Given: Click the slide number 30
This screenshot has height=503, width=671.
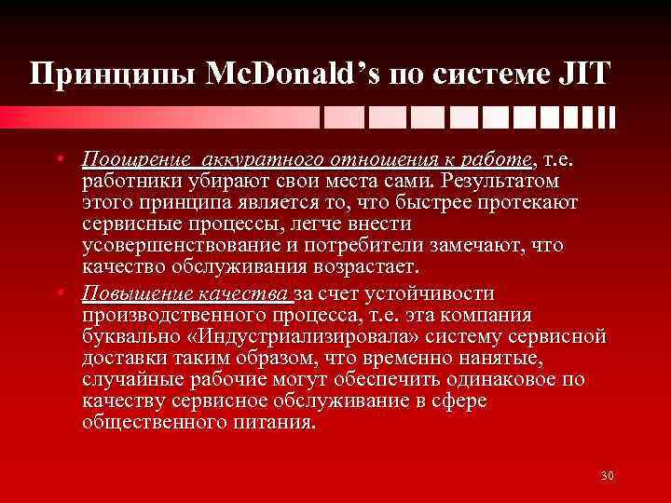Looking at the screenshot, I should point(608,477).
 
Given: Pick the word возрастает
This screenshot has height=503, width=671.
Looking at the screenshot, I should point(339,266).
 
